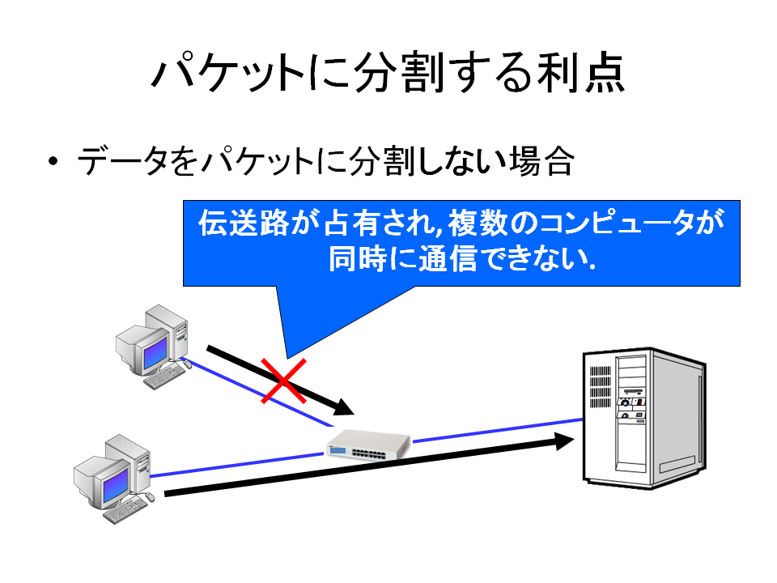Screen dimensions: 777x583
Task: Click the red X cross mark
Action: pos(283,381)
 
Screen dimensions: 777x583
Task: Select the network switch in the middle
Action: pos(368,445)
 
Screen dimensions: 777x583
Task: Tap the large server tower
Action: pos(644,418)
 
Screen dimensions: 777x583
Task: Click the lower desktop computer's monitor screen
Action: pos(116,483)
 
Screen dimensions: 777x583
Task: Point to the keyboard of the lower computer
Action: pos(125,510)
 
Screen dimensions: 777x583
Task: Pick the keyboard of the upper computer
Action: pos(164,377)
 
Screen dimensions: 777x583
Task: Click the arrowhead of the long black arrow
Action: pos(563,441)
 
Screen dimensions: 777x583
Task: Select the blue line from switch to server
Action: pos(498,430)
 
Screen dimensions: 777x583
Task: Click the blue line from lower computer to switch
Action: pos(237,465)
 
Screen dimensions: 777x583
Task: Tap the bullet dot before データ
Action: pos(53,161)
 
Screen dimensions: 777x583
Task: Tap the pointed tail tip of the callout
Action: pos(287,358)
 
